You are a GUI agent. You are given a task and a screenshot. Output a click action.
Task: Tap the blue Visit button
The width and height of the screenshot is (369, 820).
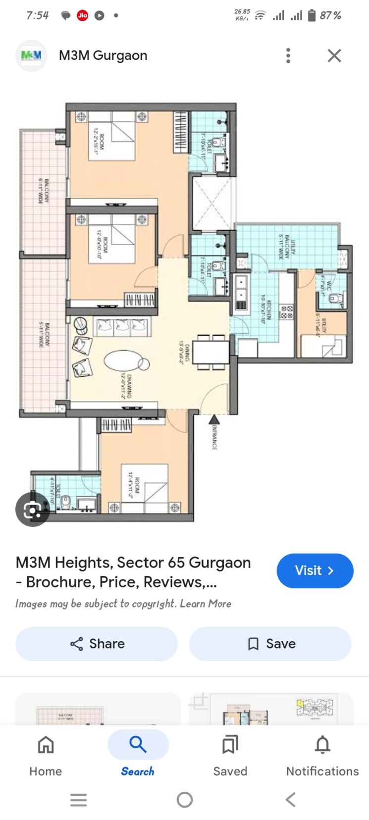tap(315, 570)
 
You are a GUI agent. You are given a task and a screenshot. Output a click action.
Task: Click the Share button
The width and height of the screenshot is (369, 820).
tap(97, 644)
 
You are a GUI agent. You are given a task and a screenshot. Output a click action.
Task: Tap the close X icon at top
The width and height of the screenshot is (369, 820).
tap(334, 55)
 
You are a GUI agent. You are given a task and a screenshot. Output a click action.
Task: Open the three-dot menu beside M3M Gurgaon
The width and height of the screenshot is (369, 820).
tap(288, 55)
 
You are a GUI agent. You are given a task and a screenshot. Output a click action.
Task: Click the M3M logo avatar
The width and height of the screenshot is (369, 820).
tap(31, 55)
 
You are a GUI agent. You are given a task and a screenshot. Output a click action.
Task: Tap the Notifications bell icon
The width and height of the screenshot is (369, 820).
tap(322, 744)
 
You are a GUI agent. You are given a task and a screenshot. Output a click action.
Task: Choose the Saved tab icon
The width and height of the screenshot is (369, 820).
tap(230, 744)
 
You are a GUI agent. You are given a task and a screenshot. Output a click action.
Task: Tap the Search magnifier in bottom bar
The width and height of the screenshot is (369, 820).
tap(138, 744)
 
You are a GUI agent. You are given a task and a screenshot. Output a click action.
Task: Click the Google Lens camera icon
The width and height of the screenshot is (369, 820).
tap(32, 509)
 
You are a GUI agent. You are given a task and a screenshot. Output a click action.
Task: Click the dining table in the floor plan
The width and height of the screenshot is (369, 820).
tap(211, 352)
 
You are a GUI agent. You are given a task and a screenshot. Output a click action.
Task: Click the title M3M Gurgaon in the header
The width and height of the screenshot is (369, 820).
tap(103, 55)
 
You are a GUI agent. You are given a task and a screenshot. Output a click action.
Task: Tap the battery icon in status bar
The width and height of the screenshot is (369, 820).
tap(312, 15)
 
